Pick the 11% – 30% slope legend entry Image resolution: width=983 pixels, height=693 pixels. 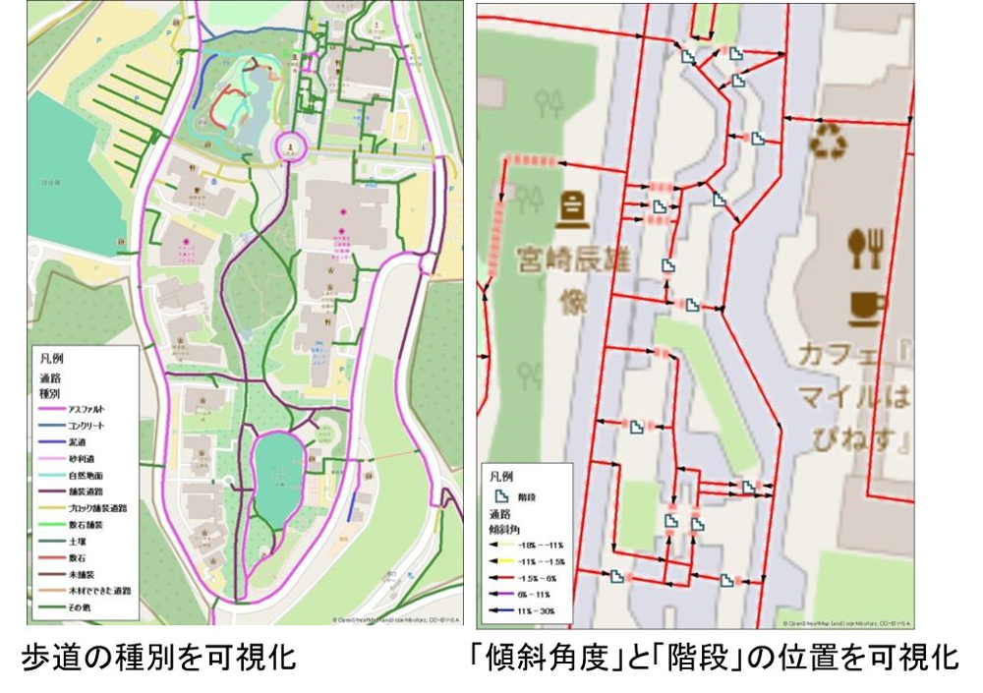pos(536,610)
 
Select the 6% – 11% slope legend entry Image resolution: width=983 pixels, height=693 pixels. pos(536,595)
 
